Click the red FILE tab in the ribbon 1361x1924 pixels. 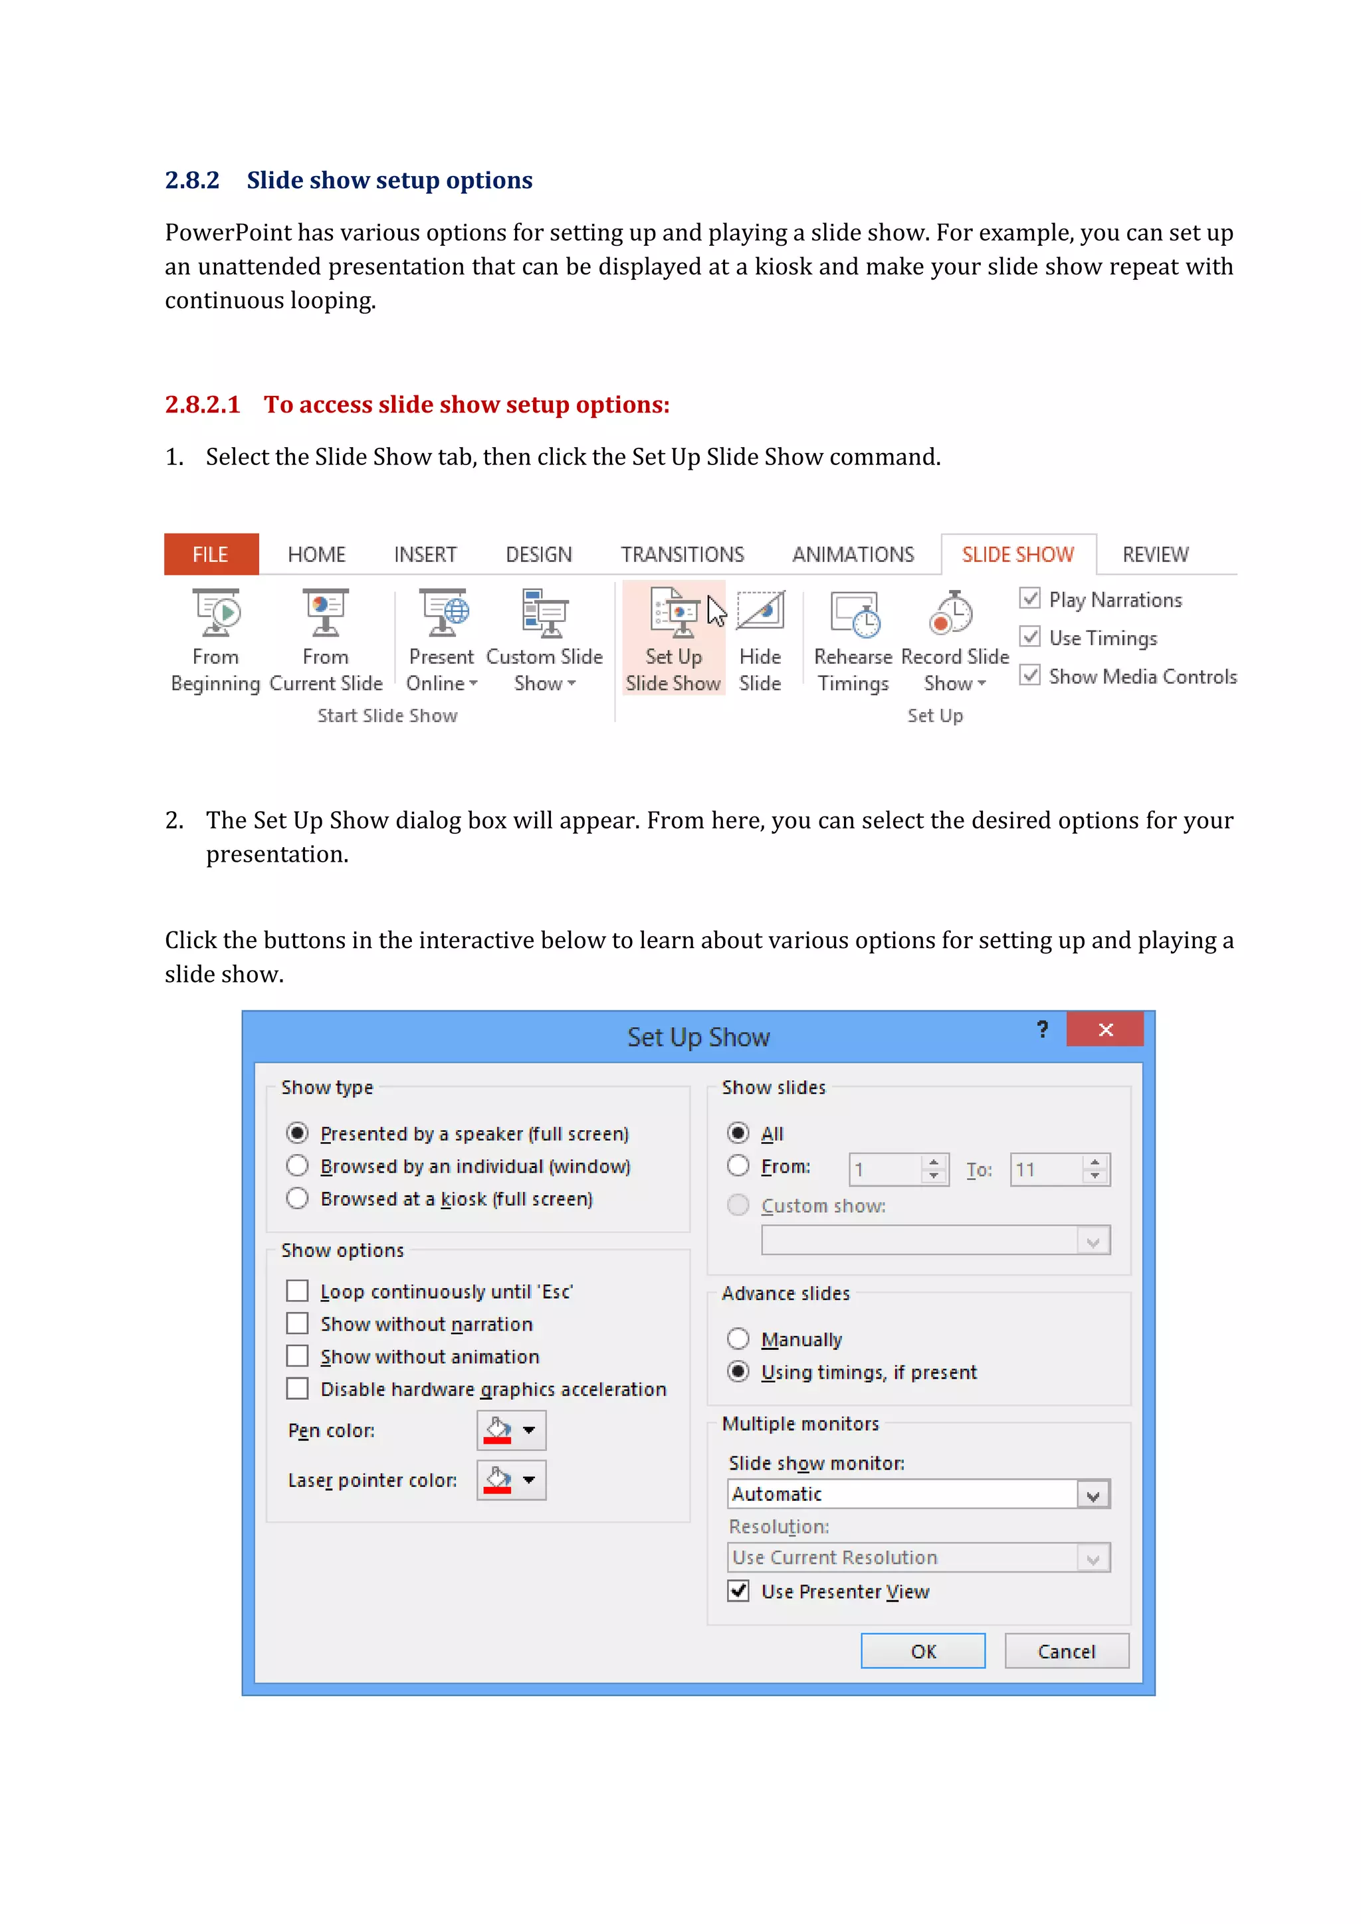[x=211, y=554]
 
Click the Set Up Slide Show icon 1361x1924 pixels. [x=674, y=615]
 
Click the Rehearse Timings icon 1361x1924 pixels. [x=854, y=615]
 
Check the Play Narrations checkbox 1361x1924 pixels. [x=1030, y=599]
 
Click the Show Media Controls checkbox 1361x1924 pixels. [x=1030, y=676]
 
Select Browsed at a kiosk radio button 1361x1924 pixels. [x=298, y=1199]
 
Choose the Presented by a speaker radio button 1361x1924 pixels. [x=298, y=1133]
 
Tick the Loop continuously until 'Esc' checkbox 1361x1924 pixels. [x=298, y=1290]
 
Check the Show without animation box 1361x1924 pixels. [x=298, y=1356]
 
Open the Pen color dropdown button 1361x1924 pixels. [x=511, y=1430]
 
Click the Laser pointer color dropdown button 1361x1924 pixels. [x=511, y=1480]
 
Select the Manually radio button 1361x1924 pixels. [x=738, y=1339]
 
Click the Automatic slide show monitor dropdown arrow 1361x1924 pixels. [x=1093, y=1494]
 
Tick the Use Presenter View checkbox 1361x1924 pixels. [x=738, y=1591]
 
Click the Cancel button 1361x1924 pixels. [x=1066, y=1651]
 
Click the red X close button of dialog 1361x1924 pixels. [x=1104, y=1030]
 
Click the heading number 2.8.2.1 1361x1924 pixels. [x=202, y=405]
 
